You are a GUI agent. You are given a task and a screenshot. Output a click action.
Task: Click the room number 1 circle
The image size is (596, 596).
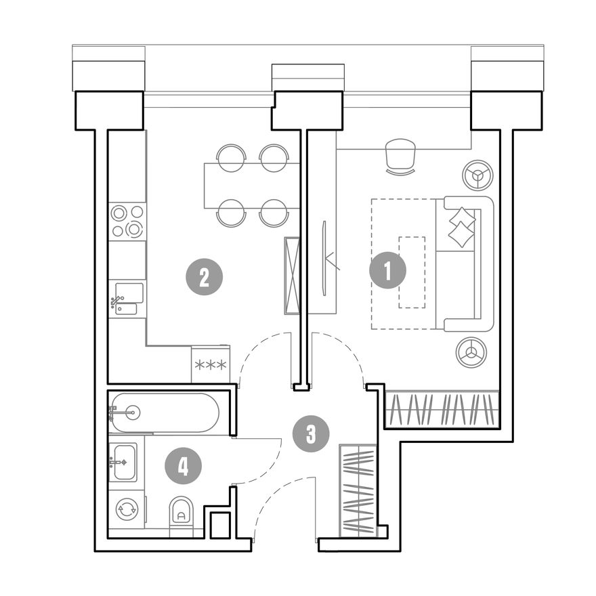tap(387, 271)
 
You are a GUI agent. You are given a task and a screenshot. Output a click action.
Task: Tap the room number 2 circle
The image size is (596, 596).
tap(204, 277)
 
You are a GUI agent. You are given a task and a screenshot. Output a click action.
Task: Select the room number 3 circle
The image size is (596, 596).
tap(311, 433)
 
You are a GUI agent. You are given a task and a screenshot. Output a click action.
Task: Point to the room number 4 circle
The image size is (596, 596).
tap(183, 466)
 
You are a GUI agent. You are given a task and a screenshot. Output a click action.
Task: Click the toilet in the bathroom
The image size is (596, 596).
tap(182, 511)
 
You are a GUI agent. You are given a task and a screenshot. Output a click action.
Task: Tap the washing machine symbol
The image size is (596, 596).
tap(127, 509)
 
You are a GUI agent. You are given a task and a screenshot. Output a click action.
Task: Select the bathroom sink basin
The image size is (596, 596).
tap(124, 462)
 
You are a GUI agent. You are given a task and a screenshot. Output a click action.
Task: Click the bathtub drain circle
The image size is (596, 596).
tap(133, 412)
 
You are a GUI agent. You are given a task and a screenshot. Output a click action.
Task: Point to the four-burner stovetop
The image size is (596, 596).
tap(127, 221)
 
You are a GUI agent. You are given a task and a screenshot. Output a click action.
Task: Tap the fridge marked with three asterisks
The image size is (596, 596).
tap(211, 364)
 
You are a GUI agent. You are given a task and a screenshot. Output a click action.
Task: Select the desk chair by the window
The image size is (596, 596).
tap(401, 156)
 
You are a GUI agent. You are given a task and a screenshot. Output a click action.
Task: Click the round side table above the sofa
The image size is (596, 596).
tap(477, 175)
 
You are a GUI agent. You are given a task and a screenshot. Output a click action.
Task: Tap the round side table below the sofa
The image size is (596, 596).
tap(471, 352)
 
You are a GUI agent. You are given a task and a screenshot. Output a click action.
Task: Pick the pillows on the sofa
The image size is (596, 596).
tap(461, 227)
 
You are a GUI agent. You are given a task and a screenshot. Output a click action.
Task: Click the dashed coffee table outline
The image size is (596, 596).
tap(412, 272)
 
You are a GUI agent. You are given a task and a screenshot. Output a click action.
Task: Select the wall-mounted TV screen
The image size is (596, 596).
tap(324, 258)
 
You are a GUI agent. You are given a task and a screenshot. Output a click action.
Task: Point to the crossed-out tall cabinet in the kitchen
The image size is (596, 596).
tap(292, 276)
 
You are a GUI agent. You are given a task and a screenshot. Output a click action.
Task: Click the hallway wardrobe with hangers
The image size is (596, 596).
tap(358, 491)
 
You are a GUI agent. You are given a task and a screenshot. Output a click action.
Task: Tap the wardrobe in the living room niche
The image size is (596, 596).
tap(442, 409)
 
